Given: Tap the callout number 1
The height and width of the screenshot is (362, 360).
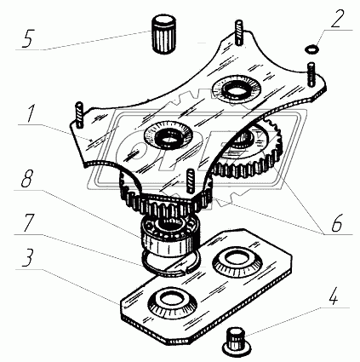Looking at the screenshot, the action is (31, 112).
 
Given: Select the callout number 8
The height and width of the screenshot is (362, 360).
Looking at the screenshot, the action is (26, 178).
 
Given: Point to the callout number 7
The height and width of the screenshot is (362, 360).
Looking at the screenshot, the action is (28, 222).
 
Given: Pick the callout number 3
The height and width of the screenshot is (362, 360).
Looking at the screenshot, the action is (27, 257).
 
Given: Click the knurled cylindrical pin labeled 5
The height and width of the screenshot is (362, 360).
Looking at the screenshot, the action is (164, 35).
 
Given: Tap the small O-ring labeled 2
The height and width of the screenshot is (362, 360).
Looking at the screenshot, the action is (311, 49).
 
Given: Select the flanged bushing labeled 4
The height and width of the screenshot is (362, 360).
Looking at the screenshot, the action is (236, 341).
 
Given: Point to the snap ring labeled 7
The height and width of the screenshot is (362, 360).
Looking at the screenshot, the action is (171, 262).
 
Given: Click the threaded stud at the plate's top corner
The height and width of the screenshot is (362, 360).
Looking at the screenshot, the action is (239, 32).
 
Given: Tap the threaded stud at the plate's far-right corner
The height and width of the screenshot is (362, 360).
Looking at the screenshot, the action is (311, 74).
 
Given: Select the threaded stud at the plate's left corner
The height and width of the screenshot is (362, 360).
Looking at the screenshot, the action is (78, 114).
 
